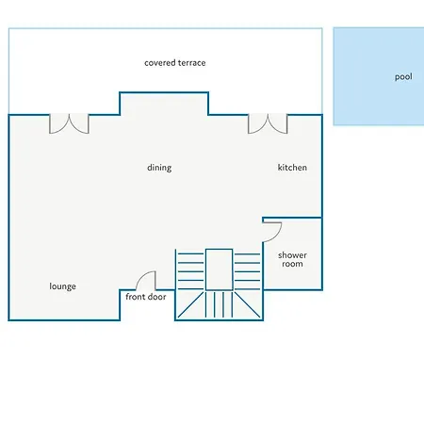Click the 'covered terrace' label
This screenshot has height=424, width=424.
click(175, 63)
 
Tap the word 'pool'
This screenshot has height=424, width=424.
click(403, 77)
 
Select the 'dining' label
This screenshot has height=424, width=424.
click(159, 168)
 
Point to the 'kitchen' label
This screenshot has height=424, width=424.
click(292, 168)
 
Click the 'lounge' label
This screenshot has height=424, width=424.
click(62, 286)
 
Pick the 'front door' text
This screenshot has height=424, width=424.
click(146, 297)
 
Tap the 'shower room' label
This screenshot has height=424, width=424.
click(292, 259)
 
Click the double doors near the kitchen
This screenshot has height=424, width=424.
click(268, 124)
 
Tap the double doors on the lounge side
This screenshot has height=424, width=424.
click(69, 124)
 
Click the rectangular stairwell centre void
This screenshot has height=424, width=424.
click(220, 269)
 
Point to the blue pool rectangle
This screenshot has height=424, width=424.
click(379, 76)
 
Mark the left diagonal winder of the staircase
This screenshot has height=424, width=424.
click(190, 304)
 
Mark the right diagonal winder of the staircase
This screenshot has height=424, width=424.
click(248, 304)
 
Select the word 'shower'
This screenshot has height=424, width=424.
click(292, 255)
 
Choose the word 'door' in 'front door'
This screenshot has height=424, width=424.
click(156, 297)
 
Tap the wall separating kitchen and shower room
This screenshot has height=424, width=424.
click(292, 218)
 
